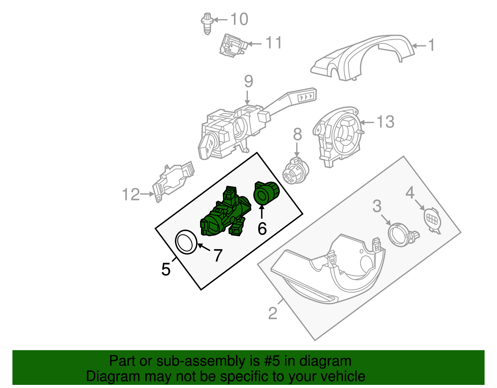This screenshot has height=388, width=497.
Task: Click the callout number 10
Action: (239, 19)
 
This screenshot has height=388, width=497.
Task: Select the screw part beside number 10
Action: (206, 23)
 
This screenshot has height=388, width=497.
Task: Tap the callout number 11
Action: (274, 43)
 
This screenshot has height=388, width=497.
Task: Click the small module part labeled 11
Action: (233, 46)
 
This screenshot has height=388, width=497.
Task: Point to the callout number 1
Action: (431, 45)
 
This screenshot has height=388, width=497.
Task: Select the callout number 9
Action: (248, 81)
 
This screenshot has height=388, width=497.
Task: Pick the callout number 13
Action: (385, 122)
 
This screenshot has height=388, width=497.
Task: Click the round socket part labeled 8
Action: (295, 171)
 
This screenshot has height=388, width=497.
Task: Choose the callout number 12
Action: (131, 195)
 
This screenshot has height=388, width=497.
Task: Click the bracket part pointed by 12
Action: (173, 180)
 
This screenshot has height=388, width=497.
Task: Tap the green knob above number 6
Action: (267, 194)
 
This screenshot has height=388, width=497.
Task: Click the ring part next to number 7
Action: (186, 242)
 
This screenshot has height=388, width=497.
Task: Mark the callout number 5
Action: (166, 269)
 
